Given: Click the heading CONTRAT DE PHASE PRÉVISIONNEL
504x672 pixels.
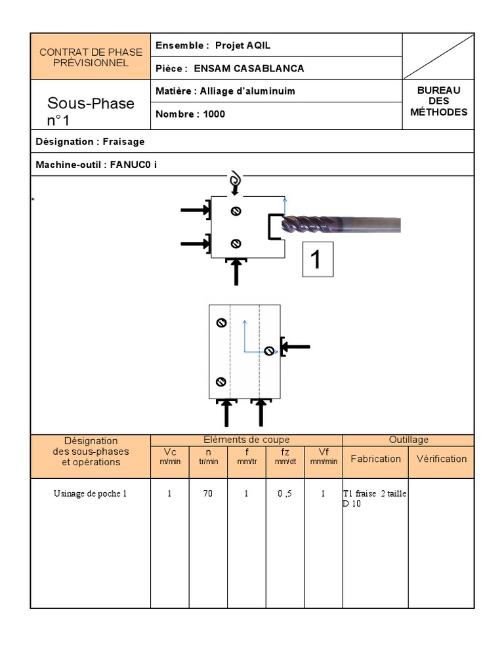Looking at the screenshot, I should (91, 57).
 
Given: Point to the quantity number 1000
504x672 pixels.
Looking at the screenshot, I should (214, 114).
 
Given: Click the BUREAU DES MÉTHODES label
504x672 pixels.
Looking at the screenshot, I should (438, 101).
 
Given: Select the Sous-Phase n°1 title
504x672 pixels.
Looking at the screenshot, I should (91, 111).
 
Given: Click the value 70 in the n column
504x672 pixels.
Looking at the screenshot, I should (208, 494).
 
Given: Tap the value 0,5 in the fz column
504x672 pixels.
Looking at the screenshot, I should (285, 494).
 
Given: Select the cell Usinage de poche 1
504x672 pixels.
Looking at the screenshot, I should (90, 494).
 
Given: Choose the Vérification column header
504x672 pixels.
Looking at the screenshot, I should (441, 459).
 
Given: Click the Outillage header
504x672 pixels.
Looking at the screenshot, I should (408, 440).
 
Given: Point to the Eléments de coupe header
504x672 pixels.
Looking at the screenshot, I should (247, 440).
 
